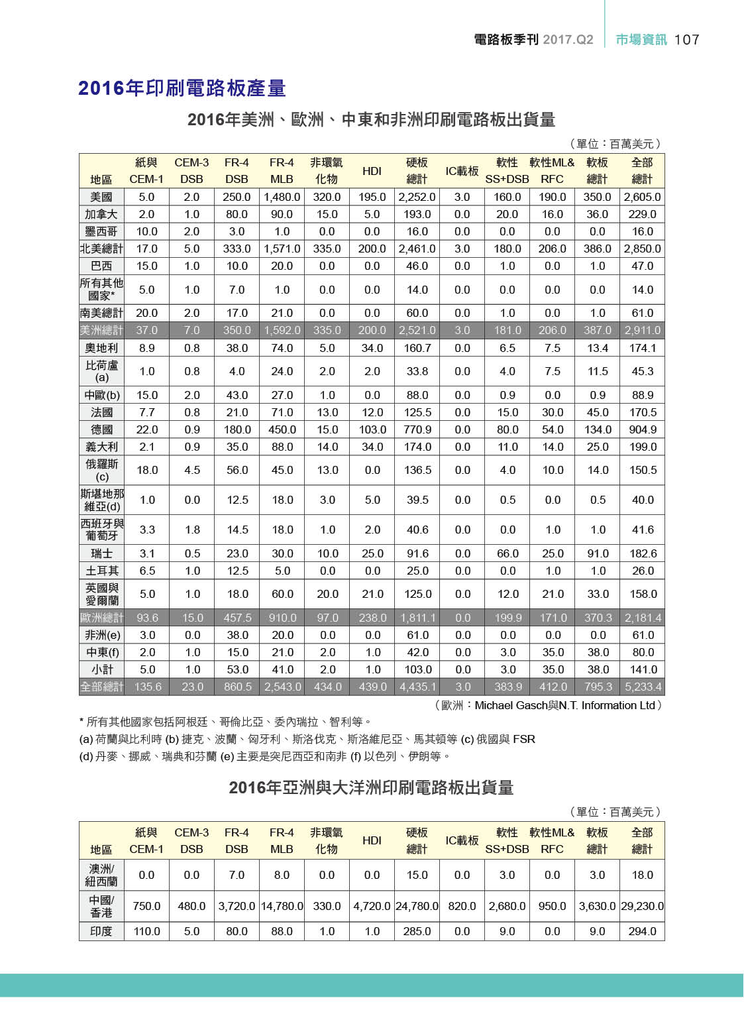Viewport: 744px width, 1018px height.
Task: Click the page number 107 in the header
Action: point(686,40)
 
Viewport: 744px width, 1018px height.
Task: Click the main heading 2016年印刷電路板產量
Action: point(182,88)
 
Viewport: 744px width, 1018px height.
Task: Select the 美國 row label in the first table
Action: point(101,197)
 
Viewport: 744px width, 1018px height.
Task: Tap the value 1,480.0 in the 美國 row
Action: point(282,197)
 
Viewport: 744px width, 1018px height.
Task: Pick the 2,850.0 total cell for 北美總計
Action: point(642,249)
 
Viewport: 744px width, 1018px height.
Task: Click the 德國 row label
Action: point(101,429)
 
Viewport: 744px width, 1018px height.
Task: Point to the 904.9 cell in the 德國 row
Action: point(643,429)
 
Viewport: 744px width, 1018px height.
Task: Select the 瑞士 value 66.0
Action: point(507,553)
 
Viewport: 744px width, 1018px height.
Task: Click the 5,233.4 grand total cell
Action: point(643,687)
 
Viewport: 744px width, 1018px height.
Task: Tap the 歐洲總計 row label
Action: point(101,618)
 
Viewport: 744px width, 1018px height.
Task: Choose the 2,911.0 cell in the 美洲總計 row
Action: point(642,330)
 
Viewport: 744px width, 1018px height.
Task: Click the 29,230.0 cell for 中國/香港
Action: point(642,906)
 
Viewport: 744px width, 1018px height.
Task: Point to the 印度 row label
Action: point(101,931)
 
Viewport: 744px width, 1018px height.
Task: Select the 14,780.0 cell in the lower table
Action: point(282,906)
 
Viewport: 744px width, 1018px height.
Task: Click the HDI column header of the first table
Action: point(372,171)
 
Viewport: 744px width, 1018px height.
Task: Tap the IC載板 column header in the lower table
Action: point(462,840)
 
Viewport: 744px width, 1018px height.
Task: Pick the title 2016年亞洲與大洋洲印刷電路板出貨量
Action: point(371,787)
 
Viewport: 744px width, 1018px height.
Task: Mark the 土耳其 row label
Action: point(101,571)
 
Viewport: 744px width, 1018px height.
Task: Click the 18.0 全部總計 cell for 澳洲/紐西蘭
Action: point(642,875)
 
